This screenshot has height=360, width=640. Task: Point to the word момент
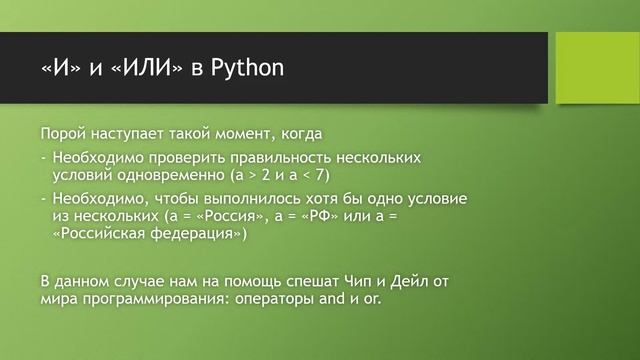coord(237,134)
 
